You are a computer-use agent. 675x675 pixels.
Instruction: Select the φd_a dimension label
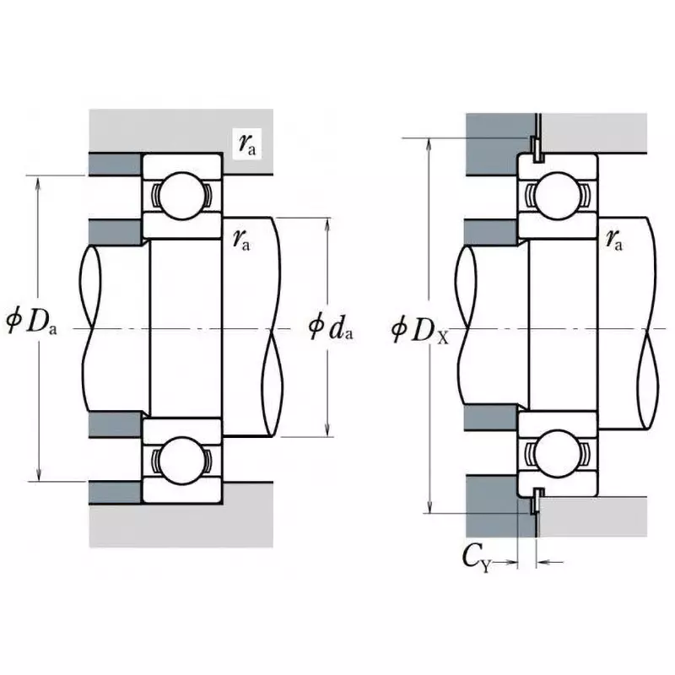point(330,326)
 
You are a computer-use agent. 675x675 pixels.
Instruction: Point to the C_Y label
point(477,558)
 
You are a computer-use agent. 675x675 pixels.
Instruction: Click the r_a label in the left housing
point(248,144)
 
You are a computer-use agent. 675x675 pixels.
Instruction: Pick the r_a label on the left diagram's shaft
point(241,240)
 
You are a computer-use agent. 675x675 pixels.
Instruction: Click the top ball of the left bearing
point(181,194)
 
